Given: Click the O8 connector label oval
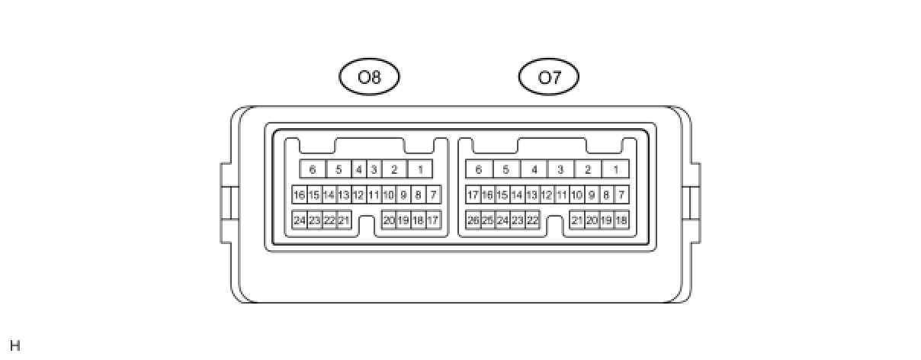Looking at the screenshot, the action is pyautogui.click(x=369, y=77).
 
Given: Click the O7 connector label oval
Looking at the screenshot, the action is pyautogui.click(x=548, y=77).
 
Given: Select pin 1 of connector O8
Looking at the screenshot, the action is pyautogui.click(x=420, y=169).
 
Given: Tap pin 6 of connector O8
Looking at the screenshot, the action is pyautogui.click(x=313, y=169).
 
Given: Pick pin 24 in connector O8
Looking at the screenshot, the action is pyautogui.click(x=300, y=220).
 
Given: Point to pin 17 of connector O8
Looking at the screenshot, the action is pyautogui.click(x=433, y=220).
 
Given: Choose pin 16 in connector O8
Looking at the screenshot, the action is pyautogui.click(x=300, y=195).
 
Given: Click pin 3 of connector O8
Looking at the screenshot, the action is pyautogui.click(x=374, y=169).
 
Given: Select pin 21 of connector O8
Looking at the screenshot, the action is pyautogui.click(x=344, y=220).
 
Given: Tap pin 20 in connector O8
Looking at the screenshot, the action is pyautogui.click(x=389, y=220).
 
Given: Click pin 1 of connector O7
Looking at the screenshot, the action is pyautogui.click(x=616, y=169).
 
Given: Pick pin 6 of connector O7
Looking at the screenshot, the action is pyautogui.click(x=479, y=169).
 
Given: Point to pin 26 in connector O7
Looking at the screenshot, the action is pyautogui.click(x=473, y=220).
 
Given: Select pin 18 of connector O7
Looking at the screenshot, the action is pyautogui.click(x=621, y=220).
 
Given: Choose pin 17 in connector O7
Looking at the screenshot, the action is pyautogui.click(x=473, y=195).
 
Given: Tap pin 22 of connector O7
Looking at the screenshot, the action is pyautogui.click(x=532, y=220).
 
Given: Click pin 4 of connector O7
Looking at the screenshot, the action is pyautogui.click(x=534, y=169).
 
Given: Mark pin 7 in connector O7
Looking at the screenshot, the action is pyautogui.click(x=621, y=195).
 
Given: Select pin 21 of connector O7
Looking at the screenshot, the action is pyautogui.click(x=577, y=220).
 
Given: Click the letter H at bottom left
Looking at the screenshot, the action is pyautogui.click(x=15, y=346).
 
